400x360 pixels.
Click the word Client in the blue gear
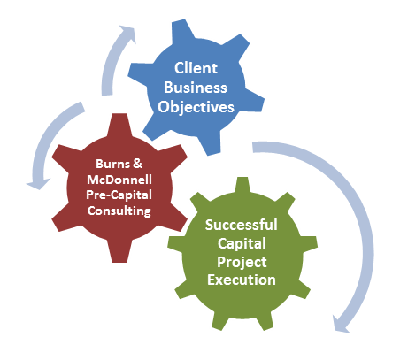[x=196, y=68]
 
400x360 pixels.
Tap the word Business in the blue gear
[x=196, y=88]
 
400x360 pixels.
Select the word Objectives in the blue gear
[x=196, y=107]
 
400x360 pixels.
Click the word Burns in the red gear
[x=112, y=164]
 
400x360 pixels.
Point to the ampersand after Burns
[x=137, y=164]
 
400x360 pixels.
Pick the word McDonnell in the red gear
[x=119, y=180]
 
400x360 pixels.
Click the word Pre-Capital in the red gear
[x=119, y=195]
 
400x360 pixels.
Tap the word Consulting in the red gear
[x=119, y=211]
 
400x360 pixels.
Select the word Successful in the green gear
[x=242, y=225]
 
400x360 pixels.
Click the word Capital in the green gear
[x=242, y=243]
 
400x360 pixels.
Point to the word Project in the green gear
[x=242, y=262]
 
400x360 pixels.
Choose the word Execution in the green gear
[x=242, y=280]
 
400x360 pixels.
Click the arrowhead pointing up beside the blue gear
[x=127, y=34]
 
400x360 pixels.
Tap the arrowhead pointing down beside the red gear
[x=38, y=184]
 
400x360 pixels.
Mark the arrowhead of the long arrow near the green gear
[x=342, y=324]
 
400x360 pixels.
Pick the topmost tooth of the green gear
[x=242, y=185]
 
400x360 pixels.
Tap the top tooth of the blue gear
[x=183, y=29]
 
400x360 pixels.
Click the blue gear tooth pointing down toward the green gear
[x=212, y=144]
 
